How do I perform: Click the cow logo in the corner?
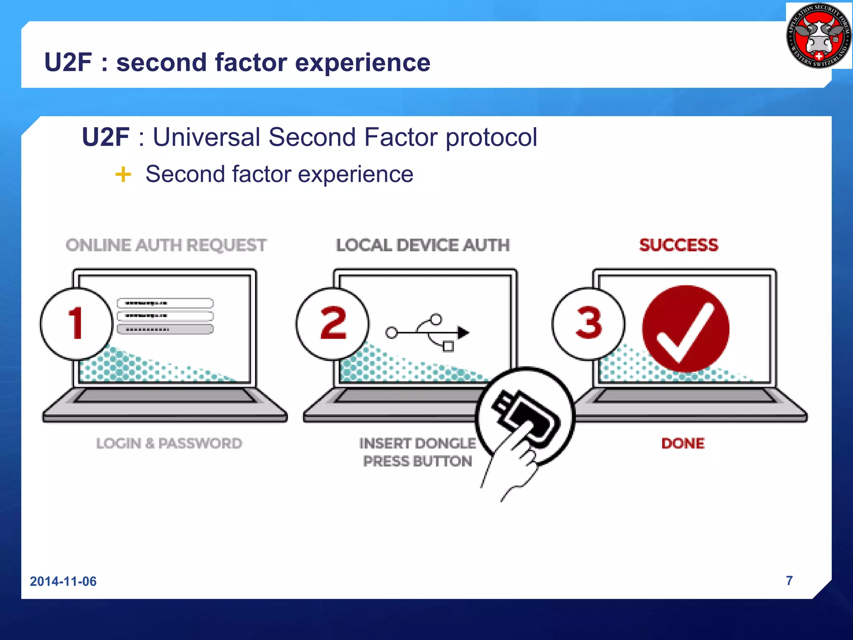click(818, 36)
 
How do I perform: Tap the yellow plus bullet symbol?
click(123, 174)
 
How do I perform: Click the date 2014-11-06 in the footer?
click(63, 581)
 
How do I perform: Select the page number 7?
click(789, 580)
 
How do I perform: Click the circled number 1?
click(77, 323)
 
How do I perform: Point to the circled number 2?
click(333, 323)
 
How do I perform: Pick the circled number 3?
click(589, 323)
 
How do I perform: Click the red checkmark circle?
click(686, 329)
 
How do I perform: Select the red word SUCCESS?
click(679, 245)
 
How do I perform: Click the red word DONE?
click(683, 443)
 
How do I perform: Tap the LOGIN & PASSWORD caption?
click(169, 443)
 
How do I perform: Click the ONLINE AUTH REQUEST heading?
click(166, 245)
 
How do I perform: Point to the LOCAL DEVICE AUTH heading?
click(423, 245)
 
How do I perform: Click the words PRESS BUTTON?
click(417, 461)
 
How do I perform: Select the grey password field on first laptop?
click(165, 329)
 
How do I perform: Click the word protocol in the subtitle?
click(491, 137)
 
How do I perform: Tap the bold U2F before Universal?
click(105, 137)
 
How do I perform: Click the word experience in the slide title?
click(362, 62)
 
